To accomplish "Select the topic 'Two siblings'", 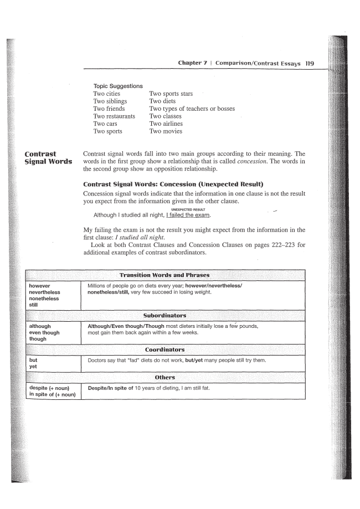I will (110, 101).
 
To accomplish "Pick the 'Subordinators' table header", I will (164, 315).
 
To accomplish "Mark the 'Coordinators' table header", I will (164, 350).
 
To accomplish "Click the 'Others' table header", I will (164, 377).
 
